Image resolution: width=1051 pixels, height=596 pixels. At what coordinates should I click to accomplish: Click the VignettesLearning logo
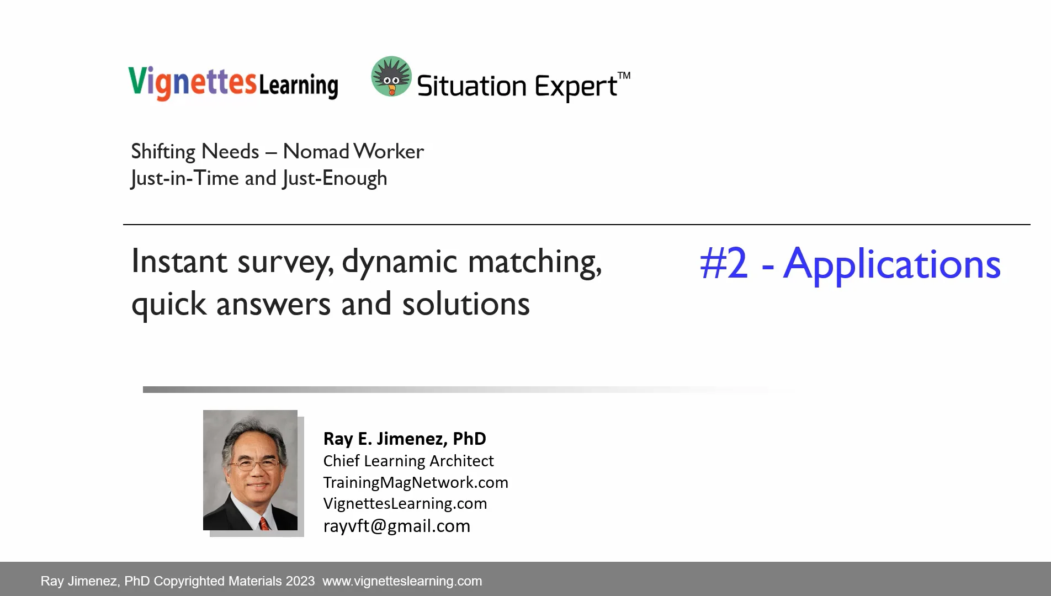tap(233, 83)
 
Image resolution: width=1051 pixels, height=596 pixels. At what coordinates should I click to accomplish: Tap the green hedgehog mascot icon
tap(391, 76)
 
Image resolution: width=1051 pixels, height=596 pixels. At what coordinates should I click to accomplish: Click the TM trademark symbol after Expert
tap(624, 76)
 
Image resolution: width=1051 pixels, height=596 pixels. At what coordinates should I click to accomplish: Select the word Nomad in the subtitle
tap(316, 151)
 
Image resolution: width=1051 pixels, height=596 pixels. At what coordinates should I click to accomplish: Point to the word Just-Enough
tap(335, 178)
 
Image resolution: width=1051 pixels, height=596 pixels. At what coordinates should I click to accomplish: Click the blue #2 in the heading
tap(724, 264)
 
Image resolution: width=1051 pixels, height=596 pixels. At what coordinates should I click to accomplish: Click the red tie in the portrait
tap(264, 523)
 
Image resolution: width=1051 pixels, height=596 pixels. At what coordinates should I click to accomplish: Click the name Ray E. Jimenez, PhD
tap(405, 439)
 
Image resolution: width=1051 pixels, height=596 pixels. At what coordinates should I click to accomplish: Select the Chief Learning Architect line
tap(408, 461)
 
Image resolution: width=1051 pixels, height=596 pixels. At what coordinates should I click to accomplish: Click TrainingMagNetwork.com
tap(416, 482)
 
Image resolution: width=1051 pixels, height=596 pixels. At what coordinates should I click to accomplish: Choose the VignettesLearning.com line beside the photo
tap(405, 503)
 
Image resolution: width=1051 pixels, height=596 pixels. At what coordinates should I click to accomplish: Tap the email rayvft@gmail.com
tap(397, 526)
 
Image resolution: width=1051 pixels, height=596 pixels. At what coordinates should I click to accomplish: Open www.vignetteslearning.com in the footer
tap(402, 581)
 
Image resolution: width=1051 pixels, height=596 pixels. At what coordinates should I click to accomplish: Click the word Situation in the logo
tap(471, 87)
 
